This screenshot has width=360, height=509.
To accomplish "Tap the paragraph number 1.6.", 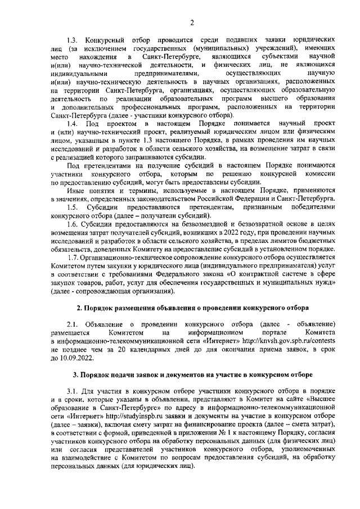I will [73, 224].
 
